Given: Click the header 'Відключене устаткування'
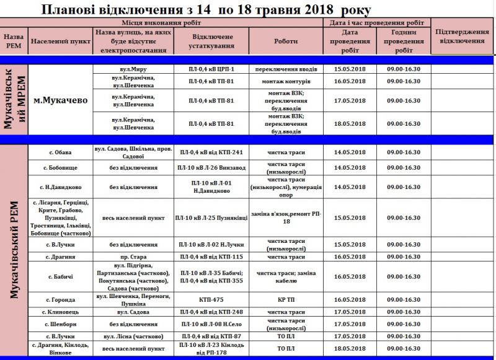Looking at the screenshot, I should tap(212, 41).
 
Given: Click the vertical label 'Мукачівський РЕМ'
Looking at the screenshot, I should tap(15, 250).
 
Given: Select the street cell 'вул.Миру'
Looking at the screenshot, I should tap(133, 68).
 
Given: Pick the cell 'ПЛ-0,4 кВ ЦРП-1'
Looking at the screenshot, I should tap(212, 68).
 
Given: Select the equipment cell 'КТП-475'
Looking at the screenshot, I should tap(212, 299).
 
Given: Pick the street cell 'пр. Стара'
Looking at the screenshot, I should tap(133, 257).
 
